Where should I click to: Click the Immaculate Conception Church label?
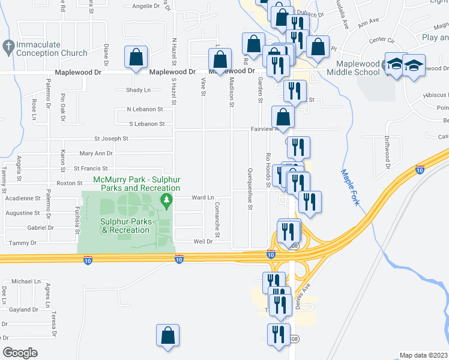click(52, 49)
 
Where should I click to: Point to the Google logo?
click(20, 352)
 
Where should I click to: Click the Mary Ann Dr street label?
click(96, 154)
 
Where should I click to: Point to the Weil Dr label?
click(203, 242)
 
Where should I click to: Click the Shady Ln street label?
click(138, 90)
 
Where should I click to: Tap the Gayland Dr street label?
click(23, 310)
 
